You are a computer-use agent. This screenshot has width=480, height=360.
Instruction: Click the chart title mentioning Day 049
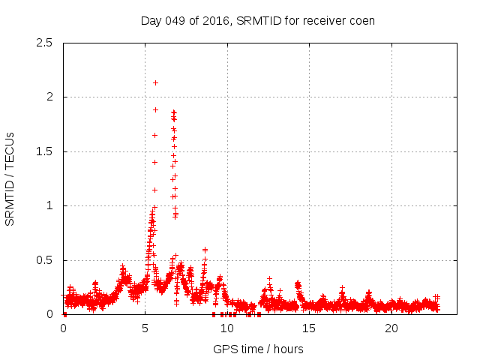click(x=258, y=20)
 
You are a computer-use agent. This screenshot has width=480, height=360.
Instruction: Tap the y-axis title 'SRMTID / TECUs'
click(x=10, y=178)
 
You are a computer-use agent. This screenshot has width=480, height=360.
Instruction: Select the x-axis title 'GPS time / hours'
click(x=258, y=349)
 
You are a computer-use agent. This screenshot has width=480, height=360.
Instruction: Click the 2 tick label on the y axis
click(x=49, y=97)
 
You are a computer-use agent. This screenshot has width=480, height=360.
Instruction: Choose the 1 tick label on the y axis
click(x=49, y=205)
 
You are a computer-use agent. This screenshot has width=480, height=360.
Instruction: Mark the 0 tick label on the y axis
click(x=49, y=314)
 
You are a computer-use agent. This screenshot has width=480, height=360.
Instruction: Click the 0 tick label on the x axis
click(x=63, y=328)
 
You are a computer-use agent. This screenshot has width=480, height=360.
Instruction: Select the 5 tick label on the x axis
click(x=145, y=328)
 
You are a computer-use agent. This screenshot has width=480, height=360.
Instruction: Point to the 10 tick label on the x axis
click(x=226, y=328)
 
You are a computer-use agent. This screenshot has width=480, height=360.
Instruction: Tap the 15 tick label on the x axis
click(x=309, y=328)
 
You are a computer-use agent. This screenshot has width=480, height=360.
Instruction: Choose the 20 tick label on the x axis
click(x=391, y=328)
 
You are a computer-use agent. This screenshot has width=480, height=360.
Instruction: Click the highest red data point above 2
click(x=155, y=82)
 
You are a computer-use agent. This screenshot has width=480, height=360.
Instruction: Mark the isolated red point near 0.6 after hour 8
click(x=205, y=250)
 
